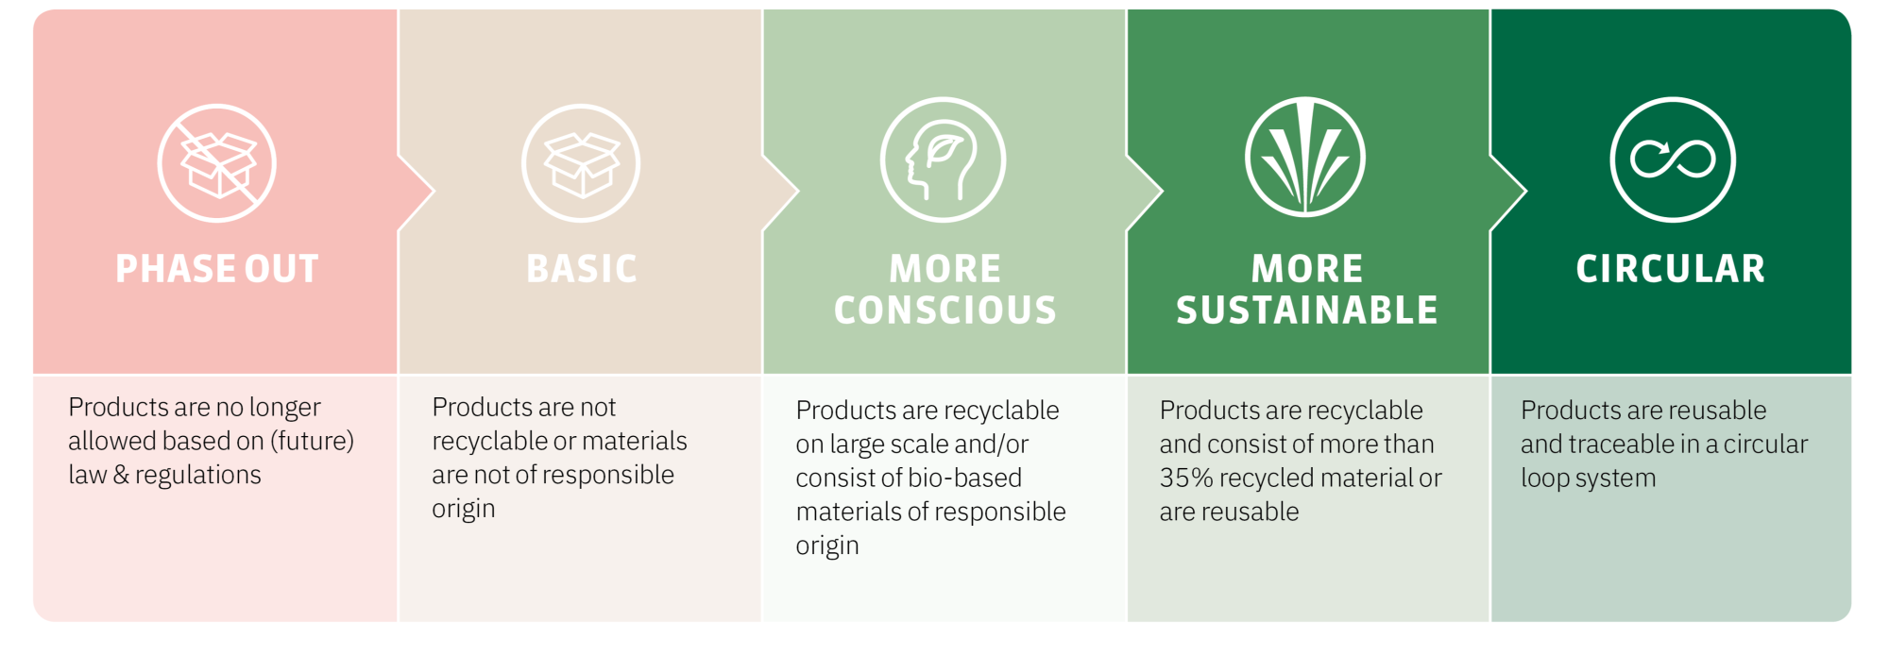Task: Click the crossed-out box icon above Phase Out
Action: click(x=217, y=163)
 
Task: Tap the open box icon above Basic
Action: click(x=581, y=163)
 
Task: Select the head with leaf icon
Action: click(x=944, y=160)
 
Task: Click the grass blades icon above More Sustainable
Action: click(x=1305, y=157)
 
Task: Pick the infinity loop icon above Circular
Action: click(x=1673, y=160)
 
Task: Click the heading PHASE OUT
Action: click(x=217, y=269)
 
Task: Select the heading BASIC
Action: click(x=582, y=269)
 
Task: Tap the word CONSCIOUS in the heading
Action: click(x=945, y=311)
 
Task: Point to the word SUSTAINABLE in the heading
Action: click(x=1307, y=311)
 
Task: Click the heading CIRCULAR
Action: click(x=1671, y=269)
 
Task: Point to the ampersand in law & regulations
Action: click(x=121, y=475)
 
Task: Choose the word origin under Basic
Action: click(x=464, y=510)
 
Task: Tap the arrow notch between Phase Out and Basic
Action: click(x=417, y=192)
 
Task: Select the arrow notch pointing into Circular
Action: click(x=1508, y=192)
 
